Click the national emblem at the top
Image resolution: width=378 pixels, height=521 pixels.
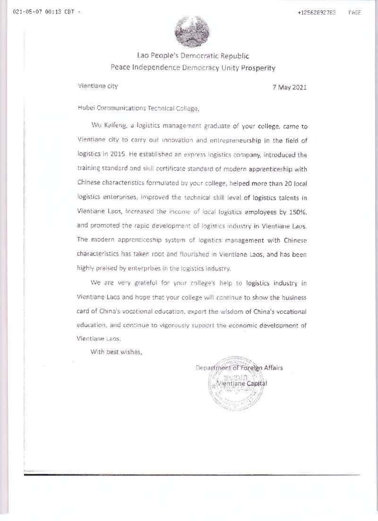point(193,32)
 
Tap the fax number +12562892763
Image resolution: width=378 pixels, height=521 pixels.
point(317,13)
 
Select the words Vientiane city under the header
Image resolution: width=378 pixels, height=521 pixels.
point(97,86)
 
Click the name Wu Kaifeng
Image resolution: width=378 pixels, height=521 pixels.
point(105,127)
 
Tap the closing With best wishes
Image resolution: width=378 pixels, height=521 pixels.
point(116,351)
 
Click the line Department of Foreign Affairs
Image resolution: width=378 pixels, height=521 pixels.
point(239,367)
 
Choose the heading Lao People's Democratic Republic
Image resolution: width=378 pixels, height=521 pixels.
point(193,56)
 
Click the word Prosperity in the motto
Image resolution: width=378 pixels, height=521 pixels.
point(258,68)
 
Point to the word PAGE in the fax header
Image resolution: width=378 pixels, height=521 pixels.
point(354,13)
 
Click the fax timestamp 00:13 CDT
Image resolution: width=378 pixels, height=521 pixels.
point(59,13)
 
